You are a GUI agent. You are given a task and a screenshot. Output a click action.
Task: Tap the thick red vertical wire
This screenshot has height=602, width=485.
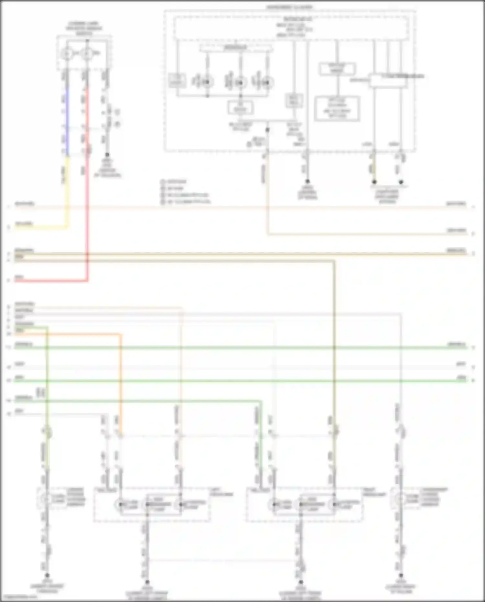(87, 194)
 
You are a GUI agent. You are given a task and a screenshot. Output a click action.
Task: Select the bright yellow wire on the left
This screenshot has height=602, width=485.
(67, 194)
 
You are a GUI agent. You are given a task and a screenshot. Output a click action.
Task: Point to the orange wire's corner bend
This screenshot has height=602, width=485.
(121, 334)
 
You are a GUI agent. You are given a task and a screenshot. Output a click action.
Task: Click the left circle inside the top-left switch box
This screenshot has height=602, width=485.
(67, 54)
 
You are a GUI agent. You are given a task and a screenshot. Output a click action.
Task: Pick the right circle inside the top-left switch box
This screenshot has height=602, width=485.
(87, 54)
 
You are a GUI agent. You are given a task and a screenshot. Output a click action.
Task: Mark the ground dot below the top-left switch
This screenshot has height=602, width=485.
(107, 155)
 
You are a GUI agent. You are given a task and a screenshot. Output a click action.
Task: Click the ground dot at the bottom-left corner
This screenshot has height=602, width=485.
(47, 575)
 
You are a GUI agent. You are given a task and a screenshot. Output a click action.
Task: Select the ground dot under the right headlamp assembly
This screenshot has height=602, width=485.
(300, 582)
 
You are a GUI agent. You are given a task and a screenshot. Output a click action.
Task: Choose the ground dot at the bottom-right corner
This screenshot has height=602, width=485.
(401, 575)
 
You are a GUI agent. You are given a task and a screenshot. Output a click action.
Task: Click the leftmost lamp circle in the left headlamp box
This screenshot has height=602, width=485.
(120, 504)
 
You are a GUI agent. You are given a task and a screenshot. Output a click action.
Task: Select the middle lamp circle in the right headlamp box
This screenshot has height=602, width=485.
(300, 504)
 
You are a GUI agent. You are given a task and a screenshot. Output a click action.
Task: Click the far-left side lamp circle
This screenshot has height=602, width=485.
(45, 499)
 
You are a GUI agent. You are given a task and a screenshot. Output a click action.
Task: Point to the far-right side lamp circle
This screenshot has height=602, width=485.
(400, 499)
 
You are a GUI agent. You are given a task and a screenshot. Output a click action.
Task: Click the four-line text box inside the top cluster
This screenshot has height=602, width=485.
(337, 108)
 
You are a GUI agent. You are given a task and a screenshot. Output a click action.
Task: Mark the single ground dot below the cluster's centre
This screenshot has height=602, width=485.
(307, 181)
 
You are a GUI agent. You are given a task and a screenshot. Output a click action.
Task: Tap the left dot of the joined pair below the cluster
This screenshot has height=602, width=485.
(374, 182)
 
